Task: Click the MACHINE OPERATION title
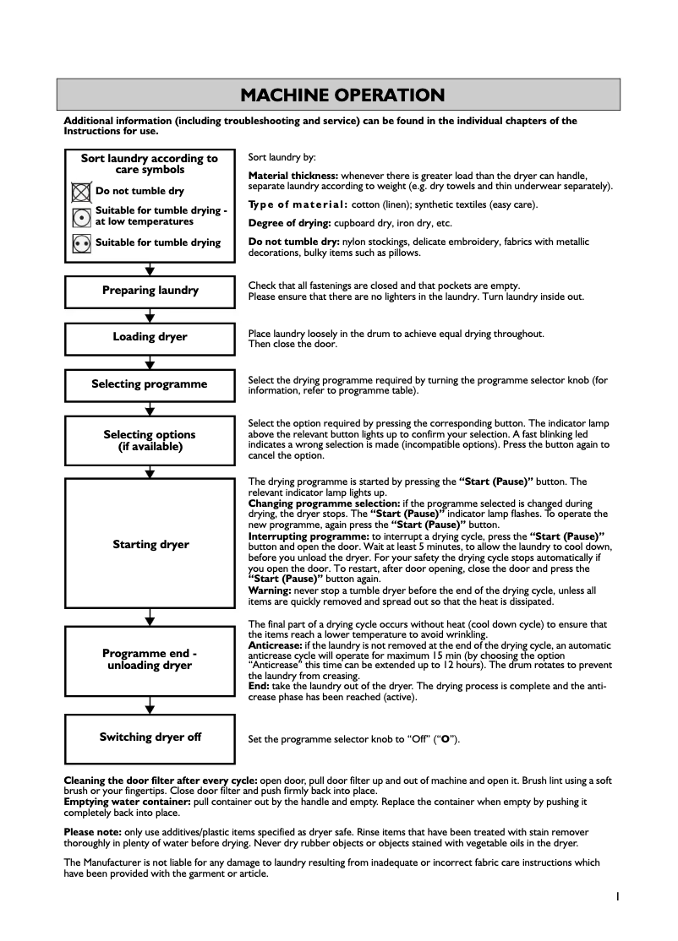point(342,95)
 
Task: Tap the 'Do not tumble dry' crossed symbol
point(81,192)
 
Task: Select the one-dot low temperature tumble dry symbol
point(81,216)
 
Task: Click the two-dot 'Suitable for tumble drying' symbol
point(81,243)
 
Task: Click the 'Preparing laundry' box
point(150,291)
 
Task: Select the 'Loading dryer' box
point(150,338)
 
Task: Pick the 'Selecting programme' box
point(150,384)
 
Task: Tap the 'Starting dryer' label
point(150,545)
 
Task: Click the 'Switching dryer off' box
point(150,737)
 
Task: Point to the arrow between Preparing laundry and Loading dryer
point(150,316)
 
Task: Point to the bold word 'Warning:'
point(270,590)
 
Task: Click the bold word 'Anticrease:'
point(275,645)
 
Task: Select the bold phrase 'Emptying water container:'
point(128,802)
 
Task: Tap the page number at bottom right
point(618,896)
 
